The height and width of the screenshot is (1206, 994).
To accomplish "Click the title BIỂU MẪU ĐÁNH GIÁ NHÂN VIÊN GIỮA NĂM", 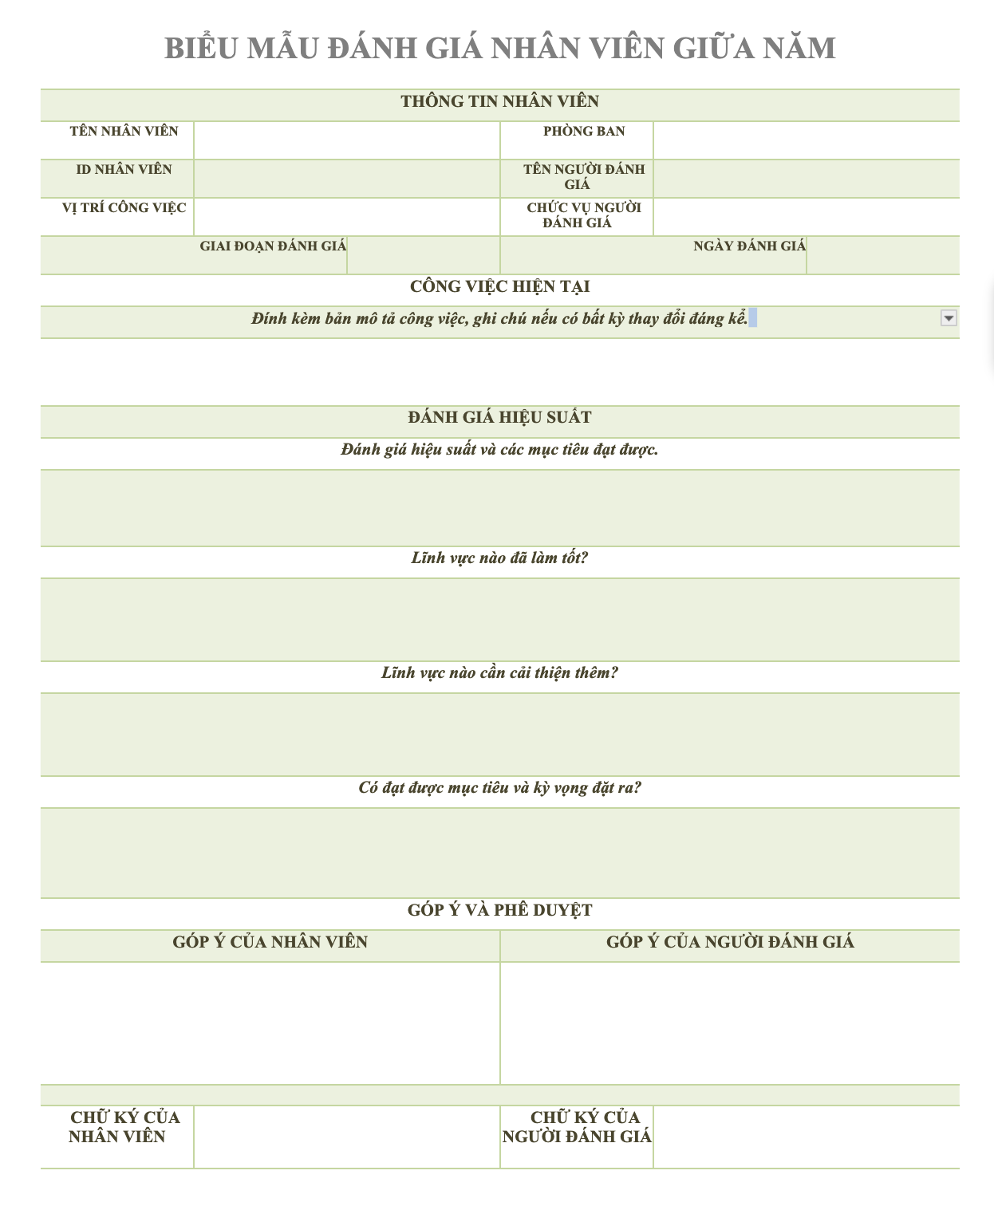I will (x=499, y=48).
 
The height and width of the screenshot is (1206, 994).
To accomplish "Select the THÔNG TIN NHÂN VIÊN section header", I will (x=499, y=101).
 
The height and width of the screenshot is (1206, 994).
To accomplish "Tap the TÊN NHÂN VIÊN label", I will (x=124, y=132).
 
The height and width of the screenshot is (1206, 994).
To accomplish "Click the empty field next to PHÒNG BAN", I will (x=806, y=140).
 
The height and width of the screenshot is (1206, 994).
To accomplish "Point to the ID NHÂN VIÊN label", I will (x=124, y=169).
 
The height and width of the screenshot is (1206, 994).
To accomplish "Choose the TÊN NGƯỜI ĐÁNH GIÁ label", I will (x=583, y=176).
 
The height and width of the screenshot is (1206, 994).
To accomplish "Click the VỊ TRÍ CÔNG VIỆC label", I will (x=124, y=207).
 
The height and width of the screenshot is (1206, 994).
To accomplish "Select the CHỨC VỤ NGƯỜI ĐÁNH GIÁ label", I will (x=583, y=215).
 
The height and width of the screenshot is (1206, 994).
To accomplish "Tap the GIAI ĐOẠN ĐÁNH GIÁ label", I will (x=273, y=246).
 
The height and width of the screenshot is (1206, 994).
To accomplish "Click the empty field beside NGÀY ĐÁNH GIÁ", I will (x=882, y=255).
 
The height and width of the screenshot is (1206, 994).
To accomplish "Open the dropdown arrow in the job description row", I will (x=949, y=318).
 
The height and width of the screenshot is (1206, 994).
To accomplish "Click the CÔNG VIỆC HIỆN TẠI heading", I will (x=499, y=286).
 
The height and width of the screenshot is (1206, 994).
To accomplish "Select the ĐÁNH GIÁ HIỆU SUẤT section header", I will (x=499, y=417).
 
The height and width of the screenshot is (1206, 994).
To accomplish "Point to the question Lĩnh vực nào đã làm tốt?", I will (x=499, y=558).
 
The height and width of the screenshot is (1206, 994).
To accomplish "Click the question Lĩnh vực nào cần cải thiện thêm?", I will (x=499, y=672).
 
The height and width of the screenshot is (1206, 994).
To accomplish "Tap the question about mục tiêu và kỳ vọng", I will (x=499, y=787).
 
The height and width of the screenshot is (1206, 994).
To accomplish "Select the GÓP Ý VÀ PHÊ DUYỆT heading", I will (x=499, y=910).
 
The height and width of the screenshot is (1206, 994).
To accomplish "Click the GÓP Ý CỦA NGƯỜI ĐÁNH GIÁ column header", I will (x=729, y=942).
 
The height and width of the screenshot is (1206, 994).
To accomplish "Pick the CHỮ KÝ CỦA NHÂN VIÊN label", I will (x=124, y=1126).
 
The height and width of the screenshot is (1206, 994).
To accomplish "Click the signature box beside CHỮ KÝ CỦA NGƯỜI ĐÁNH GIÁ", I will (x=806, y=1137).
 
